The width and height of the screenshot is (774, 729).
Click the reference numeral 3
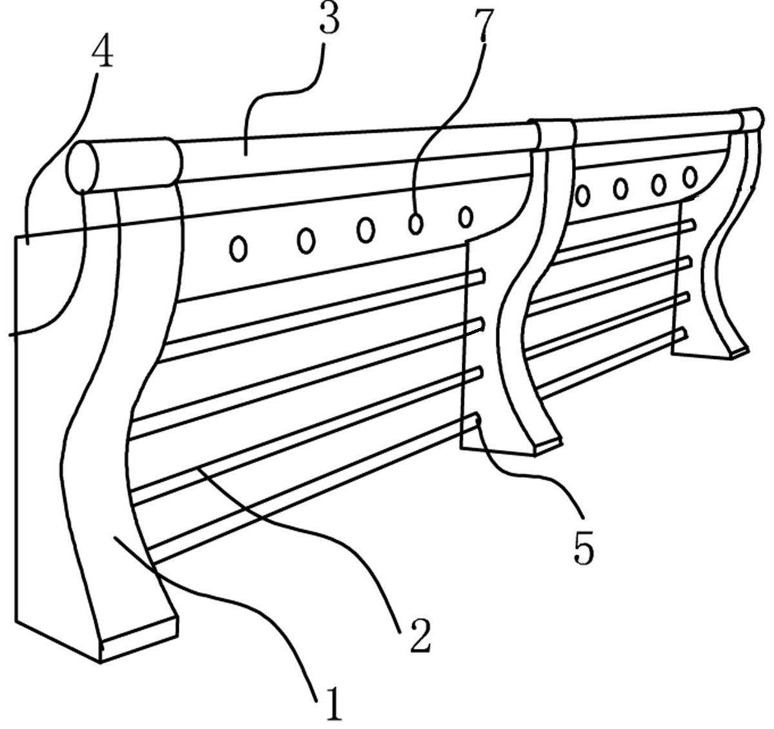click(330, 18)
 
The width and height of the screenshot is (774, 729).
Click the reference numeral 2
click(420, 635)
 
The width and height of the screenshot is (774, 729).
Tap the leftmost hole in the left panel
click(238, 248)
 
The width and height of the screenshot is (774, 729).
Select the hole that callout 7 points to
click(416, 223)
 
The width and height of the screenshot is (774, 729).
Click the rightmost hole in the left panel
click(465, 216)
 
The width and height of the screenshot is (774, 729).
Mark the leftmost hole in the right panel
click(583, 194)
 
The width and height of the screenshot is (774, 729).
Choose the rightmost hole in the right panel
click(690, 176)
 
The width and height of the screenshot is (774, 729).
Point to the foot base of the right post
click(737, 350)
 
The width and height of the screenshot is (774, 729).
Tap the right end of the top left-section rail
click(480, 276)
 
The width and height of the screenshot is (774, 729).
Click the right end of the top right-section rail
click(692, 225)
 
